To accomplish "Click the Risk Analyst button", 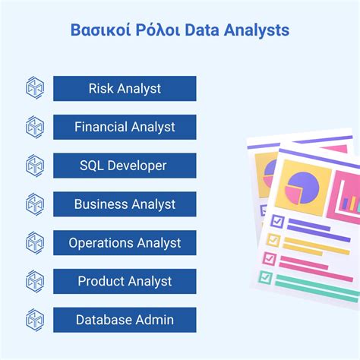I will click(x=125, y=88).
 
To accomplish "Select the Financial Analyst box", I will click(x=125, y=127).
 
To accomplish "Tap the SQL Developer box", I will click(x=125, y=166).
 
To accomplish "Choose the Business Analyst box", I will click(x=125, y=204).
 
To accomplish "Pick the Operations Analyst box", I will click(x=125, y=243).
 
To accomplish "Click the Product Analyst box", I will click(x=125, y=282).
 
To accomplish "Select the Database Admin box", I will click(x=125, y=320).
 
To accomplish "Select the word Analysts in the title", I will click(x=255, y=31).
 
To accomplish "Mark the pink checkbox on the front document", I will click(x=268, y=258).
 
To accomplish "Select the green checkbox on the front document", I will click(x=264, y=276).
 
